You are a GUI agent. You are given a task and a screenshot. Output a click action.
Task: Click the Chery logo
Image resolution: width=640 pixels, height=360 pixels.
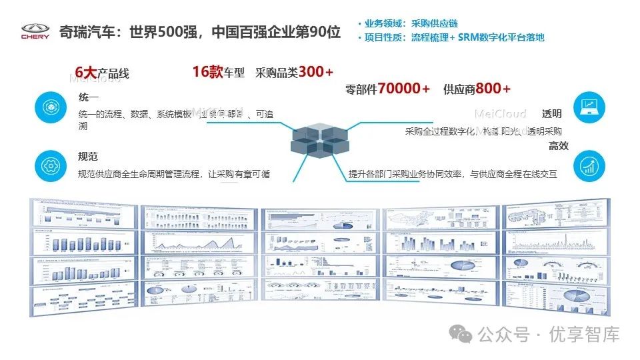[35, 31]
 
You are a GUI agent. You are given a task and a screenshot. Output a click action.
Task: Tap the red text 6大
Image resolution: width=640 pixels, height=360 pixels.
[86, 72]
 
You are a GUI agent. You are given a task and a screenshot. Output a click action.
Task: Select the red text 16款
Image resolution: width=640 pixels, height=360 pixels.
[207, 72]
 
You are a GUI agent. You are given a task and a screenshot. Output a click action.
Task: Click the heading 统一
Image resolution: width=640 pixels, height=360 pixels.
[89, 98]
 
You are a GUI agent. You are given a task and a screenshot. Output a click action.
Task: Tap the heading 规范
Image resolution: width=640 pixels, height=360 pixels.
[88, 157]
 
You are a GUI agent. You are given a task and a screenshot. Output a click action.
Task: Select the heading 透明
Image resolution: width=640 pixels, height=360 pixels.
[551, 114]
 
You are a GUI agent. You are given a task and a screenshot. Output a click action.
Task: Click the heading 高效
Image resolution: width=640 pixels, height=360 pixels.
[559, 145]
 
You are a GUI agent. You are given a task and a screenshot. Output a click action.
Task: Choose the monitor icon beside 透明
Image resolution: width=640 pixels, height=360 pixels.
[589, 106]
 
